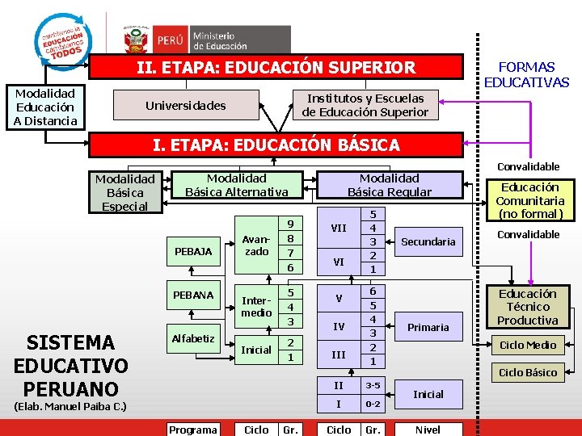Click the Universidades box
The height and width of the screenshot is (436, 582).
(185, 106)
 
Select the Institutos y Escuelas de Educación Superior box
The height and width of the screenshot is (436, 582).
(365, 106)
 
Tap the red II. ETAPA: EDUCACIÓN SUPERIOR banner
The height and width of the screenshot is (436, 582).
(276, 68)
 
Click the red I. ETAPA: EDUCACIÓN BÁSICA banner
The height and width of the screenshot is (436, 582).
(277, 145)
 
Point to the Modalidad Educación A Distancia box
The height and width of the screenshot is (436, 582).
(45, 107)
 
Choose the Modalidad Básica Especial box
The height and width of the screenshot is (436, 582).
(124, 193)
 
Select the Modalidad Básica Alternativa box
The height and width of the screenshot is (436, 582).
(237, 185)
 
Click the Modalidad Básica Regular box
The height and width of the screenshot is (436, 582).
(390, 185)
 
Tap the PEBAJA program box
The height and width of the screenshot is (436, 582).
(192, 252)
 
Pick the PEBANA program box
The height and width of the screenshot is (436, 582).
(192, 295)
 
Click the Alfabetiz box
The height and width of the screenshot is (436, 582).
(192, 338)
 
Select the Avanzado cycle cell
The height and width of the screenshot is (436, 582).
(256, 245)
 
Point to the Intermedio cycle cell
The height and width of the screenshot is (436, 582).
(256, 306)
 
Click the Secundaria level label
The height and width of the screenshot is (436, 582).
(428, 241)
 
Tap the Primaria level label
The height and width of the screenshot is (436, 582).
(428, 327)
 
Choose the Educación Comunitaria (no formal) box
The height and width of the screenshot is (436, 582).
(529, 200)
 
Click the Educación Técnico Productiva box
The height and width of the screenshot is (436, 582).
(528, 307)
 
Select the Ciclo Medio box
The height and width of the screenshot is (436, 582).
(528, 345)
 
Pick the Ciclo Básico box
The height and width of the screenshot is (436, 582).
(528, 372)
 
